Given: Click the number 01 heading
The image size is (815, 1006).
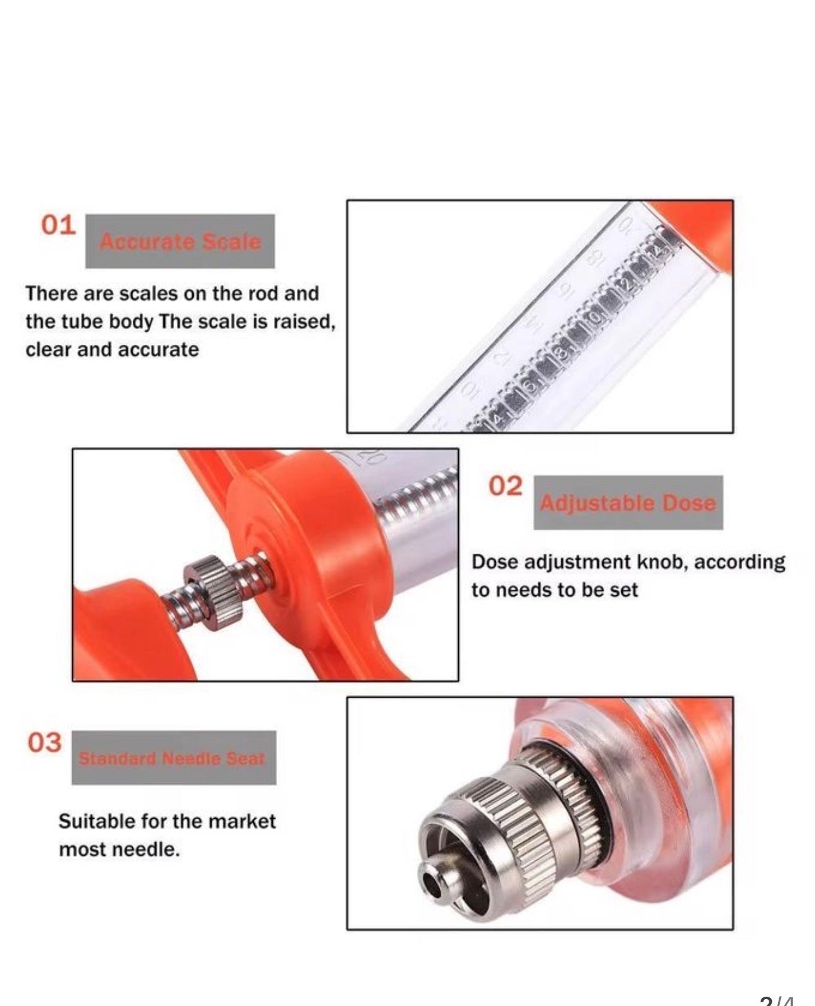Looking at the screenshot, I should (58, 225).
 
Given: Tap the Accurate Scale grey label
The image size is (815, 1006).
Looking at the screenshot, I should (180, 242).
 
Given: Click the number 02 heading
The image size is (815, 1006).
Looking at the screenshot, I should (506, 486).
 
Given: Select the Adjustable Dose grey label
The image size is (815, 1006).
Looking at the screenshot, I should (628, 503).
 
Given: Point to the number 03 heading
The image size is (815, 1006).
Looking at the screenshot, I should (45, 742).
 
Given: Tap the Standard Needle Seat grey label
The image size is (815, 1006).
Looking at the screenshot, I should (173, 758).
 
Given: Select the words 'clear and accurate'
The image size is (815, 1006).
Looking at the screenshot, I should (112, 350).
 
